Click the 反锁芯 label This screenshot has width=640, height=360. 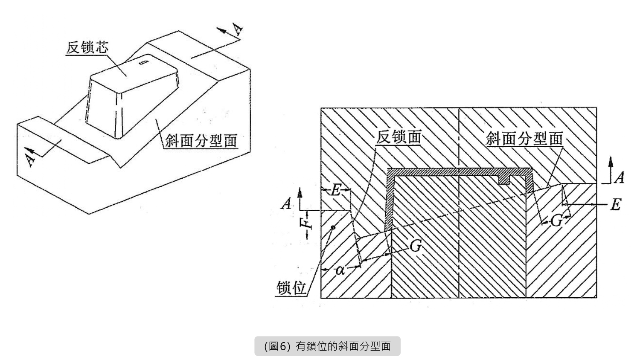(87, 47)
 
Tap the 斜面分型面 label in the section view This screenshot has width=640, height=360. (524, 139)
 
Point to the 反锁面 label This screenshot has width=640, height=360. (399, 137)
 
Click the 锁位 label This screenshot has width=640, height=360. (292, 288)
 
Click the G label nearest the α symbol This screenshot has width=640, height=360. (415, 246)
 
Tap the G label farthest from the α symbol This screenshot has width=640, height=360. (556, 221)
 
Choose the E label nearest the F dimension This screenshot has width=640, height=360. (336, 190)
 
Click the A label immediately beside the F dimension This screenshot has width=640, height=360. (286, 204)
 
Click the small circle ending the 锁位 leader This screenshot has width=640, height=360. (333, 227)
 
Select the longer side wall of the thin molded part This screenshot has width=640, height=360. (389, 200)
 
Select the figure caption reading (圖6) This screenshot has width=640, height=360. (327, 346)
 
